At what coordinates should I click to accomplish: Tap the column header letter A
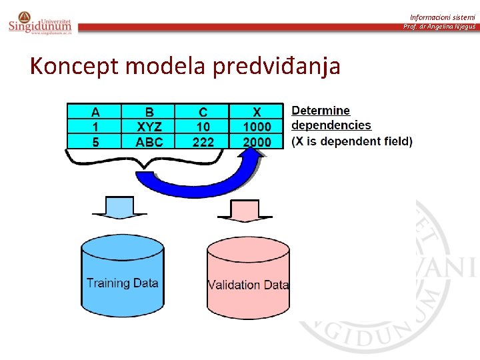tap(95, 112)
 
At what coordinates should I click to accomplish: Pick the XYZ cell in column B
tap(149, 127)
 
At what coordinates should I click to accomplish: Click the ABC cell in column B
tap(149, 141)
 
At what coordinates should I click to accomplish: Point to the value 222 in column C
tap(203, 141)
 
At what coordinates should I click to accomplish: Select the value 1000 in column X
tap(257, 127)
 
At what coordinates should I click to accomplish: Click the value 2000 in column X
tap(257, 141)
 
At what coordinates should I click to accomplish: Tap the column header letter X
tap(257, 112)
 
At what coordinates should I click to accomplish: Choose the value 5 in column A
tap(95, 141)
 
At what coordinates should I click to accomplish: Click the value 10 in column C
tap(203, 127)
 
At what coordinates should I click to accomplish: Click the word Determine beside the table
tap(321, 111)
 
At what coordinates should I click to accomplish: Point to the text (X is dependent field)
tap(352, 141)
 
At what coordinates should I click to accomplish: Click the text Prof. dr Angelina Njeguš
tap(439, 27)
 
